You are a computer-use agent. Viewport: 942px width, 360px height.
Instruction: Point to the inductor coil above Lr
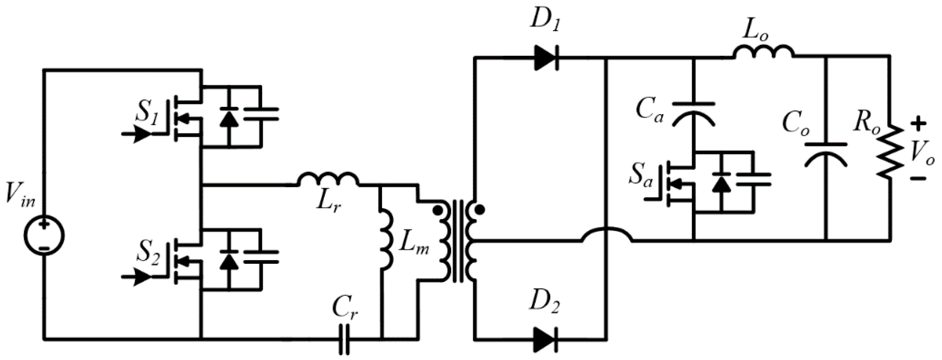point(328,179)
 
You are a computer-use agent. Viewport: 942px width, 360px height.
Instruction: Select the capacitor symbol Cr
point(344,340)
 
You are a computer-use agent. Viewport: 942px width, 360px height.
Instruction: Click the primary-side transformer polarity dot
point(436,210)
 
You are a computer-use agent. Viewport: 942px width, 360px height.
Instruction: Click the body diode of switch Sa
point(721,183)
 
